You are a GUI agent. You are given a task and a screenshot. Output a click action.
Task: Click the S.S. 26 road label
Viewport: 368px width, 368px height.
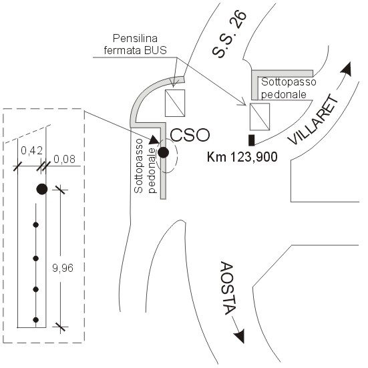[x=229, y=34]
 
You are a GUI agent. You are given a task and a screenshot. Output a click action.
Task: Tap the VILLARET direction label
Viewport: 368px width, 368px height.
[x=313, y=120]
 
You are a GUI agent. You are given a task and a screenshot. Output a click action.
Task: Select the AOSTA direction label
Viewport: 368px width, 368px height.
[x=227, y=289]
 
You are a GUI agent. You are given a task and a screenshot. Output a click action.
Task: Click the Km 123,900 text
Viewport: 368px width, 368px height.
[x=242, y=157]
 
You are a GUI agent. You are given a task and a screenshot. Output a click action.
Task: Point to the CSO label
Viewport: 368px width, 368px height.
[x=190, y=135]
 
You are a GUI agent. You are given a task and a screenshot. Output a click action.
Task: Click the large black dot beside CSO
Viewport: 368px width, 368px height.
[x=164, y=152]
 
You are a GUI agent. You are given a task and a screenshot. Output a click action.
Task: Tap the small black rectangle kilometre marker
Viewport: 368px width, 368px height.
[x=252, y=140]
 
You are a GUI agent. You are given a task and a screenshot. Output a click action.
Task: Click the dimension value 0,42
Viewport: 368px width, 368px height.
[x=31, y=150]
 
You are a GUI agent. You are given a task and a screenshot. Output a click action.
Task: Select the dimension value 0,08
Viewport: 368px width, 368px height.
[x=65, y=159]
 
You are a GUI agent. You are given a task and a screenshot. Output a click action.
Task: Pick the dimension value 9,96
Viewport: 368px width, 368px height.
[x=63, y=268]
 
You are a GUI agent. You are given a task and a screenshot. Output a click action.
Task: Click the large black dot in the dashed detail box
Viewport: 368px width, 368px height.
[x=42, y=189]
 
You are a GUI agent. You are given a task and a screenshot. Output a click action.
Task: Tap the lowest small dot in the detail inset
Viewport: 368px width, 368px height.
[x=35, y=320]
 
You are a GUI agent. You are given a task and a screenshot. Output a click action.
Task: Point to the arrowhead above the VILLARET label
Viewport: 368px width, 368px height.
[x=347, y=69]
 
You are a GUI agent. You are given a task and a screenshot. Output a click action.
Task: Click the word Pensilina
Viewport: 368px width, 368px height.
[x=135, y=38]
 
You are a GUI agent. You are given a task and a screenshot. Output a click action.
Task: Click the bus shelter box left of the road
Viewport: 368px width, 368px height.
[x=175, y=103]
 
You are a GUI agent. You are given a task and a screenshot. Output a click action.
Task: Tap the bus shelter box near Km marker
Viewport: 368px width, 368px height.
[x=260, y=117]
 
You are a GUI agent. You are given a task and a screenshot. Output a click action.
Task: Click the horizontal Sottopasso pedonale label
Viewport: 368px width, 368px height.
[x=289, y=88]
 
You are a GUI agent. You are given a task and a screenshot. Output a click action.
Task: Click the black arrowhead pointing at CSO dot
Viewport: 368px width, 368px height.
[x=155, y=140]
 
